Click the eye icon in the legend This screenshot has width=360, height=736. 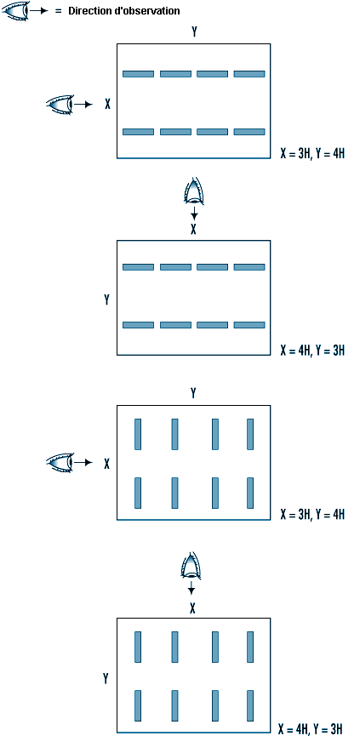[15, 10]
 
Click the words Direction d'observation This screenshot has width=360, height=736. [124, 11]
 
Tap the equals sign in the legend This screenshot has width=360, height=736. [59, 11]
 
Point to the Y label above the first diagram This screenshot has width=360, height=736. [194, 32]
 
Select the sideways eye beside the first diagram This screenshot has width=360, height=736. [60, 104]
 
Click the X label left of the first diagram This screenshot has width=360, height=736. [107, 104]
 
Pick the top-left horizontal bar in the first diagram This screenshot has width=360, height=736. [138, 74]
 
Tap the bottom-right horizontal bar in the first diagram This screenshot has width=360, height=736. [249, 132]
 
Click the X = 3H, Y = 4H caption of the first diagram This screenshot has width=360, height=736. [312, 153]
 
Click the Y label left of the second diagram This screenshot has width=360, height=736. [106, 299]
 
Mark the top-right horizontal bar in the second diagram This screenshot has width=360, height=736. [249, 267]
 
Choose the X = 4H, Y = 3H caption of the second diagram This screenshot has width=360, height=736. [312, 351]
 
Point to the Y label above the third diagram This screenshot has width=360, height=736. [193, 393]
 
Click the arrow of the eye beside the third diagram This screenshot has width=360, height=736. [83, 462]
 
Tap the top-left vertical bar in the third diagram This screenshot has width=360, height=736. [138, 434]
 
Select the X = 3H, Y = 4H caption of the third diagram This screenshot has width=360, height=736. [312, 514]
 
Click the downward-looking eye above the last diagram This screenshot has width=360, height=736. [191, 566]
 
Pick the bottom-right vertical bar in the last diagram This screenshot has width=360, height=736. [250, 705]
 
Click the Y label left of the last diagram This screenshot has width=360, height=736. [106, 679]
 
